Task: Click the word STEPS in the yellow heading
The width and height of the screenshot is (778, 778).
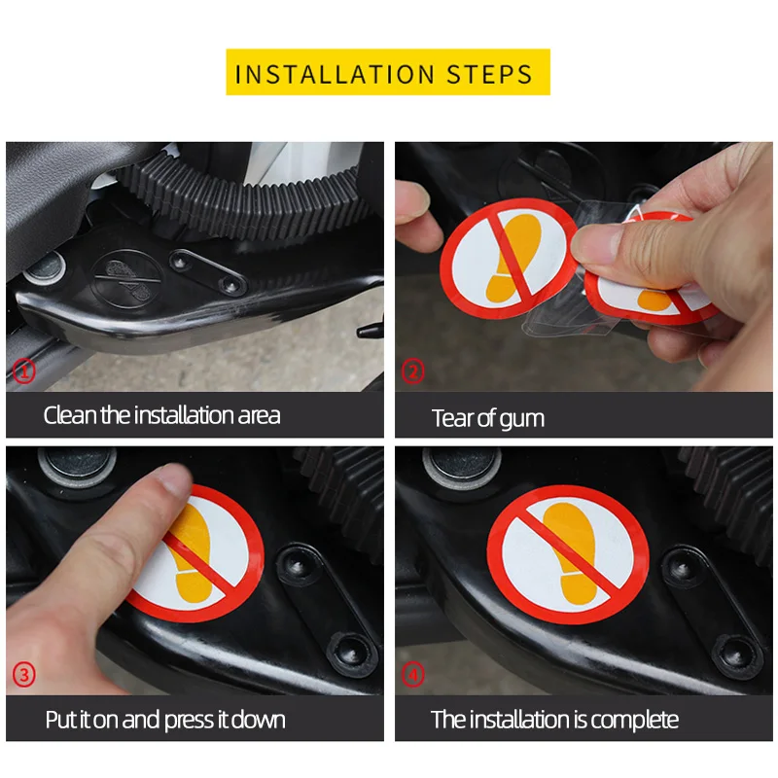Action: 490,75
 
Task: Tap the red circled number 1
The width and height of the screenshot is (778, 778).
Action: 23,371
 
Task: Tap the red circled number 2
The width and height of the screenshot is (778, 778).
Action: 412,371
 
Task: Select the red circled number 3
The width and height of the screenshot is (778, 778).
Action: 23,675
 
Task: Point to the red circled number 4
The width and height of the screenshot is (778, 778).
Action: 412,675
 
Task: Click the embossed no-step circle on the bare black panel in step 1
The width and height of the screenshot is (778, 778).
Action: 127,279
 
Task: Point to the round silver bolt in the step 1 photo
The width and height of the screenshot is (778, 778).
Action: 45,268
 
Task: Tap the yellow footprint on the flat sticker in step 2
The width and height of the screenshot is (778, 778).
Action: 513,257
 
